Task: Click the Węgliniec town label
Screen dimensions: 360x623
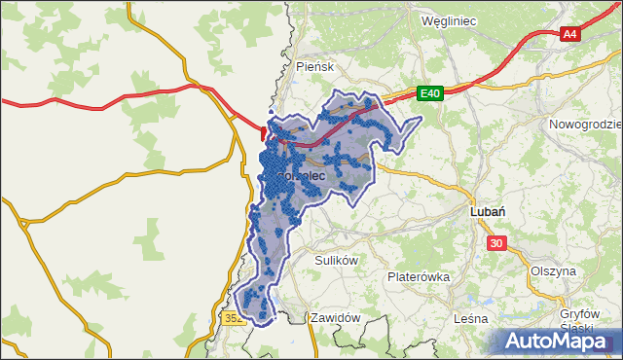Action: pos(453,19)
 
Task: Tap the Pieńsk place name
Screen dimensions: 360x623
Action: pos(314,67)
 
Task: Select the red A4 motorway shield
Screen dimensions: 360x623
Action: pos(570,34)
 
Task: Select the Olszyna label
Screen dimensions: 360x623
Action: pos(553,270)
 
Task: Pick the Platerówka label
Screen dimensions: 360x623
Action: pos(418,276)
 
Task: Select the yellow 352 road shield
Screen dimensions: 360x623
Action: pos(233,318)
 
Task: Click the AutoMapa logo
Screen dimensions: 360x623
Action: pos(555,341)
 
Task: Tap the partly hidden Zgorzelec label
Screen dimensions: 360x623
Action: pos(297,176)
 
